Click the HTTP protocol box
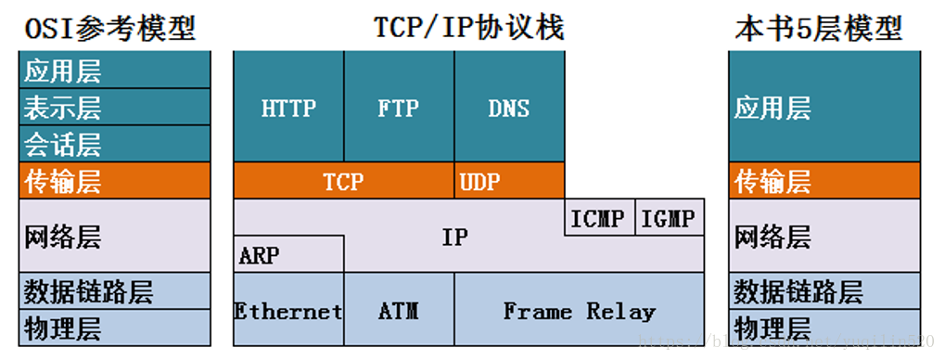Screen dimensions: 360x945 [x=288, y=107]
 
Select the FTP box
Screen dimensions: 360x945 [x=399, y=107]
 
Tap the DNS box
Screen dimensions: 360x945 [x=509, y=107]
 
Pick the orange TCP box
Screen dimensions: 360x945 [x=343, y=181]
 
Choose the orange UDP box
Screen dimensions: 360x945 [x=509, y=181]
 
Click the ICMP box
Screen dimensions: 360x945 [x=599, y=218]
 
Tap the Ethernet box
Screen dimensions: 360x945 [x=287, y=310]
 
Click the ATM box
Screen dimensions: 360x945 [x=399, y=310]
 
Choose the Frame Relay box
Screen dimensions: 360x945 [x=579, y=310]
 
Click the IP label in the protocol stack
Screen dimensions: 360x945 [x=454, y=237]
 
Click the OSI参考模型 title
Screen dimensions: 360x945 [x=109, y=28]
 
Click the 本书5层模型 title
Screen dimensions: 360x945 [x=818, y=28]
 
